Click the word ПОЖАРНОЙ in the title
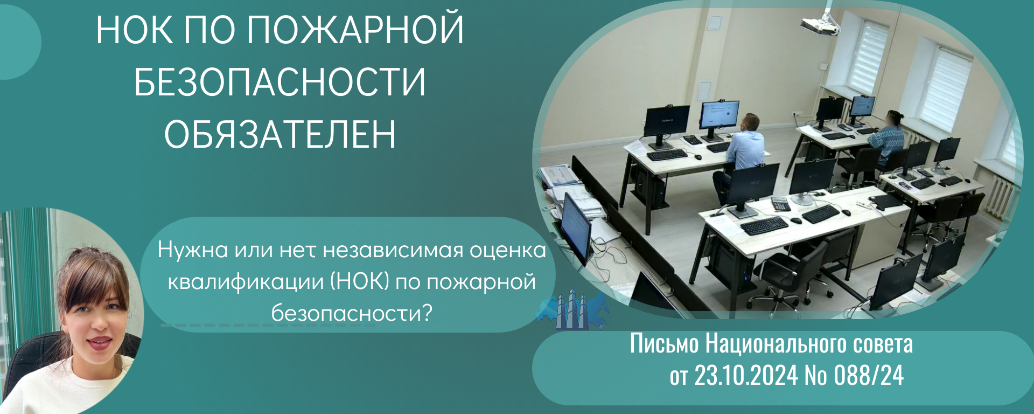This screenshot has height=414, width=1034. click(x=355, y=30)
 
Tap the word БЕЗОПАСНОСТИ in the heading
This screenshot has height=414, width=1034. click(x=280, y=82)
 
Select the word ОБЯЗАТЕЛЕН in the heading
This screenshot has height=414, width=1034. click(x=280, y=134)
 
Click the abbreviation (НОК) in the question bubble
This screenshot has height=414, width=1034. click(x=359, y=282)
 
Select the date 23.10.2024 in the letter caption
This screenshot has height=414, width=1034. click(x=746, y=375)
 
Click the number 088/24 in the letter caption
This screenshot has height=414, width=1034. click(x=869, y=375)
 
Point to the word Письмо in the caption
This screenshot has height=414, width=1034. click(x=665, y=343)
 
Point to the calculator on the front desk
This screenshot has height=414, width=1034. click(x=780, y=204)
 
